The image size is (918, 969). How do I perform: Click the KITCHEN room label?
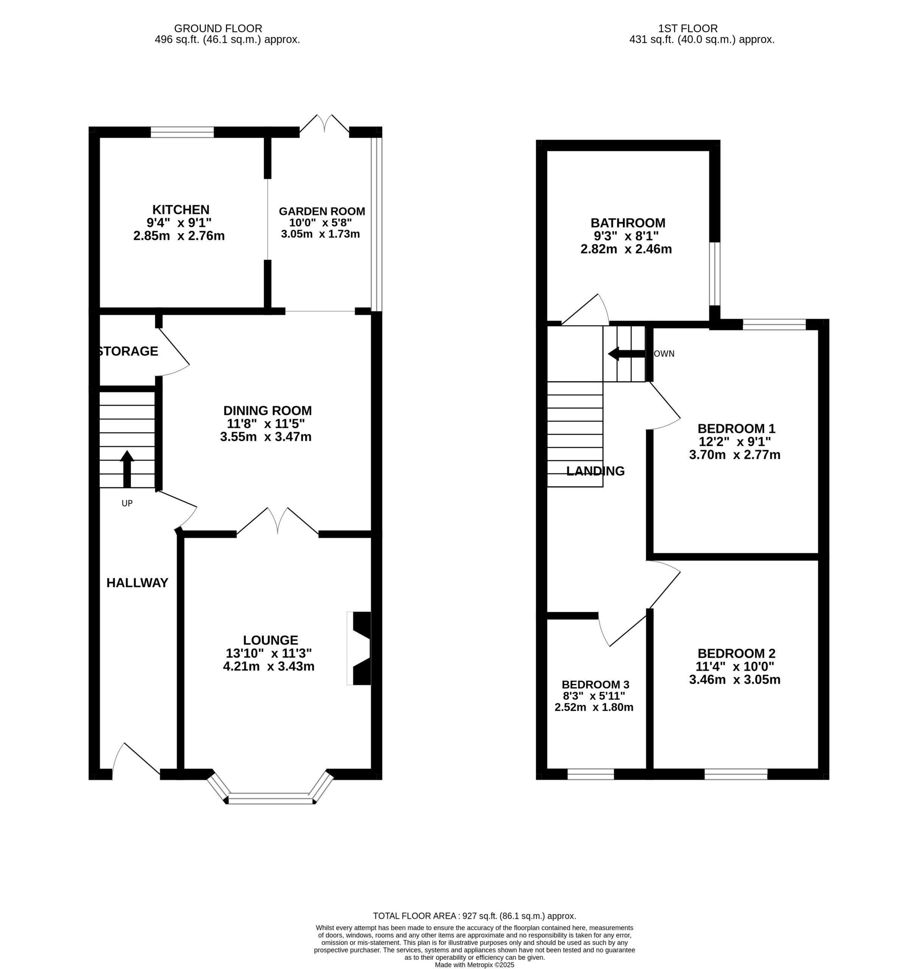181,209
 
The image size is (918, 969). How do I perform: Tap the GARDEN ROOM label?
322,212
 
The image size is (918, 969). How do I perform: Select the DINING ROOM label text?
268,411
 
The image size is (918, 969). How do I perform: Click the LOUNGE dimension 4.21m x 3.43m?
269,666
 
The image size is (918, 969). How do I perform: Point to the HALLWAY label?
137,583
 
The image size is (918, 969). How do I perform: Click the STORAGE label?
128,351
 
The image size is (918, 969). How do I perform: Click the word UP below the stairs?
127,503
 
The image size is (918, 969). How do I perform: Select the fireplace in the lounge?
359,648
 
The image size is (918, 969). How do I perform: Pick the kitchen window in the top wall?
182,132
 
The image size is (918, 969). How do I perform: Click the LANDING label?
596,471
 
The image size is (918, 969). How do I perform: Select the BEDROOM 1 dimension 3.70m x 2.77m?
734,455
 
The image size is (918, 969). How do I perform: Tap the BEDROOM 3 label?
596,685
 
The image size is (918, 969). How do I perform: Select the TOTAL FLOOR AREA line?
474,916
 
